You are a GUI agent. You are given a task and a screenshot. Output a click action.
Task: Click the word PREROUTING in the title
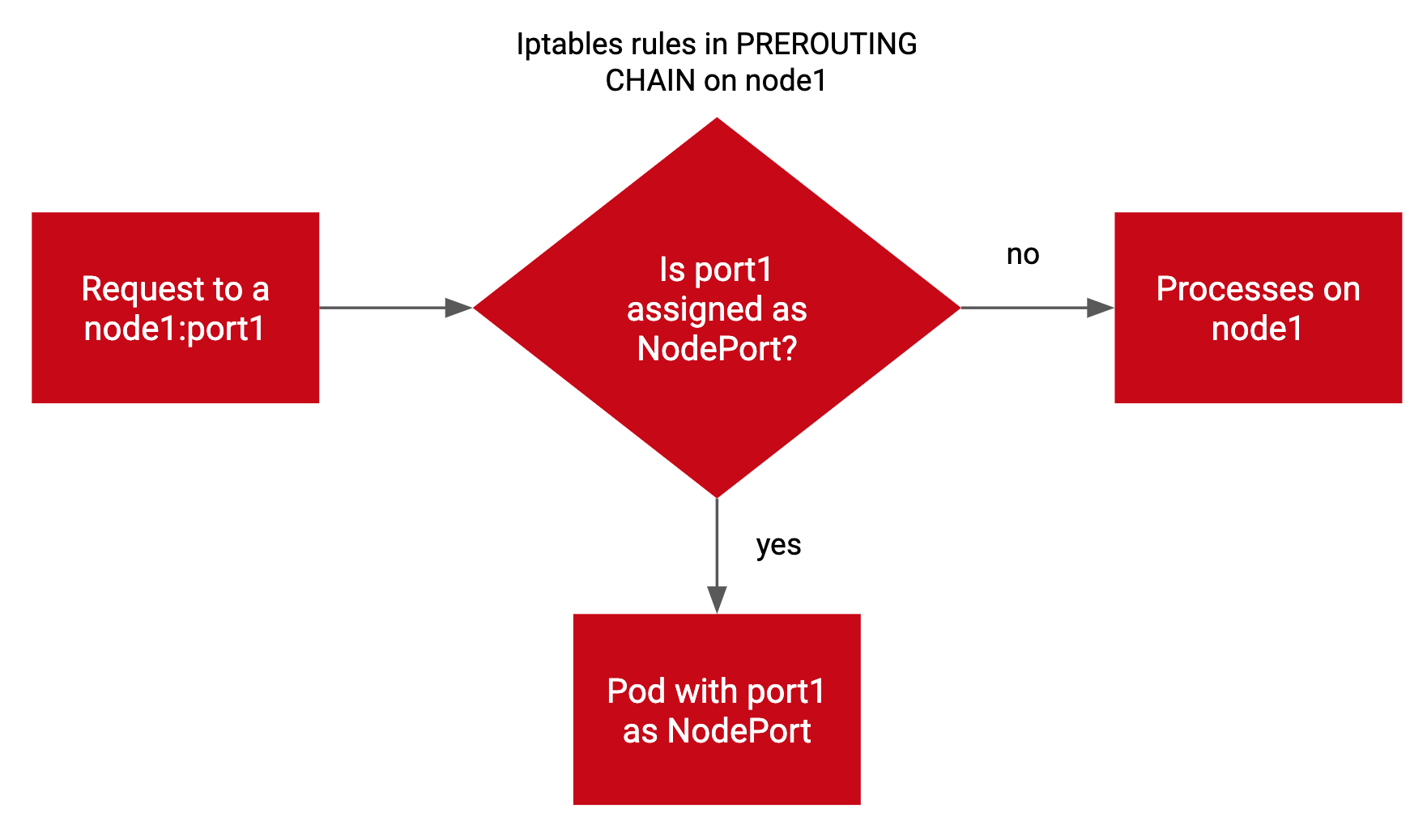826,44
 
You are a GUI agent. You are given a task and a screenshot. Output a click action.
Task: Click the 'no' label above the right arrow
1022,255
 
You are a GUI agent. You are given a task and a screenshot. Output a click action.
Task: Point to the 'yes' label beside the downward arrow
778,546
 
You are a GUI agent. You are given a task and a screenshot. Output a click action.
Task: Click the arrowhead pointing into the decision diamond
458,308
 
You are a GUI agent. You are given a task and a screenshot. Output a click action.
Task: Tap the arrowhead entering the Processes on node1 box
1100,308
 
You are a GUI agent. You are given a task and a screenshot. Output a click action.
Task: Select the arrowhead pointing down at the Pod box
717,599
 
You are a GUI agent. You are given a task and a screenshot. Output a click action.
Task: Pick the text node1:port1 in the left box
175,329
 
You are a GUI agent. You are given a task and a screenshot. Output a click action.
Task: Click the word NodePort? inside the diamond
717,349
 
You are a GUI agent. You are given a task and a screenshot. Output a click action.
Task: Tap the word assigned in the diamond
683,309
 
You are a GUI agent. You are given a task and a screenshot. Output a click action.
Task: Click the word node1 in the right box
1257,329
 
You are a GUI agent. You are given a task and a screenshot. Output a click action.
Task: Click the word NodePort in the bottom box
739,731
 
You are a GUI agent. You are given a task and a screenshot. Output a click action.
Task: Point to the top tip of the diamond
717,120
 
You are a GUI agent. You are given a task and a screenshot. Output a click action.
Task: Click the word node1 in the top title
786,81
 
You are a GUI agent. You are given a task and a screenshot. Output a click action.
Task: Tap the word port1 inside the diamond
734,270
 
